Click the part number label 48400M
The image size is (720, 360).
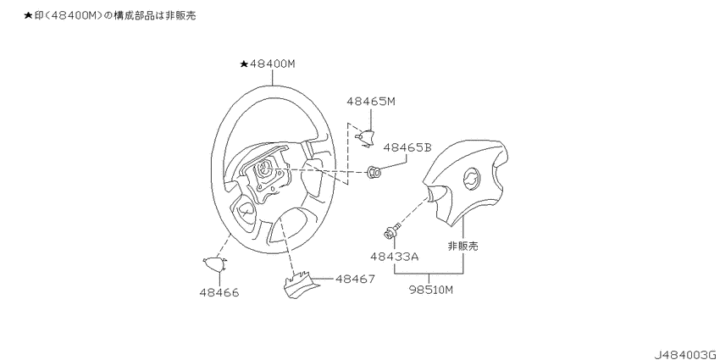[273, 64]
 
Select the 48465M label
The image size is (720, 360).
[371, 102]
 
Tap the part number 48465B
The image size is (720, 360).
[407, 148]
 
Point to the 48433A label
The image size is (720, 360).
[395, 258]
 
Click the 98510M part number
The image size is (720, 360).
[429, 290]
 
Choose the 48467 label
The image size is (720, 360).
[355, 279]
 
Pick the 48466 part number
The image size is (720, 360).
[219, 292]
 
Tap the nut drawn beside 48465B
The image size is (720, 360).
[374, 173]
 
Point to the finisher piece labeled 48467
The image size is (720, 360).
[296, 285]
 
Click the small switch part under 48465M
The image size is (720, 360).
[367, 138]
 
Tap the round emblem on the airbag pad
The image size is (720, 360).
[470, 177]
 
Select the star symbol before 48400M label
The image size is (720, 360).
[244, 64]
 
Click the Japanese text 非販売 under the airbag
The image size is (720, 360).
[462, 246]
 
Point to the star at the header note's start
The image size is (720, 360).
[28, 16]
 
